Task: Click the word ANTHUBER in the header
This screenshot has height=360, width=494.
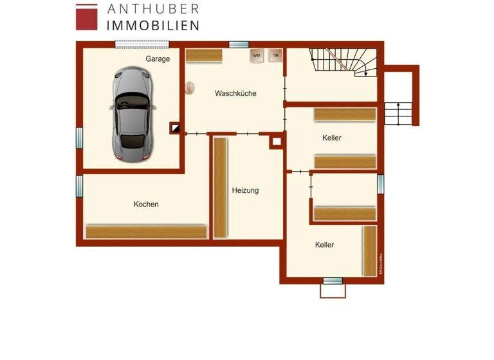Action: (152, 9)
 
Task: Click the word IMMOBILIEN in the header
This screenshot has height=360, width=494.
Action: (152, 26)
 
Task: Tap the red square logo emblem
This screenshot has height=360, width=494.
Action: (87, 17)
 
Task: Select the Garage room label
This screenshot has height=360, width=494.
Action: (158, 59)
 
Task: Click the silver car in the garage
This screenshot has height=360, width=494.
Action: (132, 113)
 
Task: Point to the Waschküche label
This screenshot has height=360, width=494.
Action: (235, 93)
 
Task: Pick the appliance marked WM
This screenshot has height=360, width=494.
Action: (257, 56)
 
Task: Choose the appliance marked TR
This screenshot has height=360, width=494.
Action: (275, 56)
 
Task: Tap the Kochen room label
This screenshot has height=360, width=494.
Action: (146, 204)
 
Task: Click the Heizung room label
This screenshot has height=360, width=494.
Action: (245, 190)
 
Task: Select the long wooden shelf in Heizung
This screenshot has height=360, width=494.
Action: (220, 186)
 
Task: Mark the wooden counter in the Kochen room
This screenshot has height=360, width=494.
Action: (146, 231)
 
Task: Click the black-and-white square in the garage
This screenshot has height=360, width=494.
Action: (175, 128)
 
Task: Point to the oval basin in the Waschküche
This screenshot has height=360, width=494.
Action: (190, 88)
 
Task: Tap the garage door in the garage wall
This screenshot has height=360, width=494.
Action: (142, 44)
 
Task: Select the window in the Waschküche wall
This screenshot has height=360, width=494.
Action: (239, 44)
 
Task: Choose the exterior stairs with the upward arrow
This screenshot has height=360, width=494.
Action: (399, 114)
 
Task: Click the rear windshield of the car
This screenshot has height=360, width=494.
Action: (133, 139)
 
